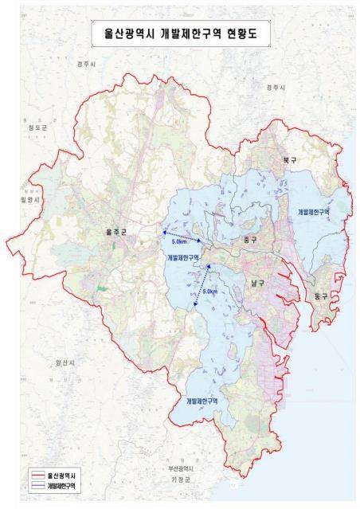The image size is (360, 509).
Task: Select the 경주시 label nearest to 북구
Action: coord(276,87)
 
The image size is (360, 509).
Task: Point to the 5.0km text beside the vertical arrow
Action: coord(209,292)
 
